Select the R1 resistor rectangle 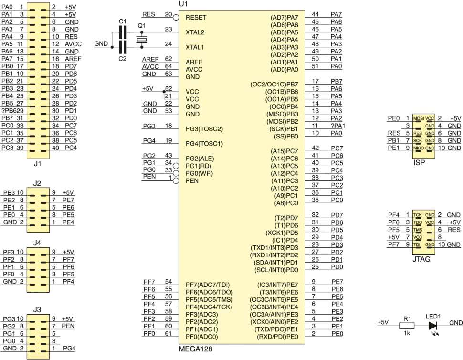407,326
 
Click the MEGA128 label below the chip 195,349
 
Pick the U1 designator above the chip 183,4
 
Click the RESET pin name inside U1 196,17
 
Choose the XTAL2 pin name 195,32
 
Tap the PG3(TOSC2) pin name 204,129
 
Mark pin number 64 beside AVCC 168,66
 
